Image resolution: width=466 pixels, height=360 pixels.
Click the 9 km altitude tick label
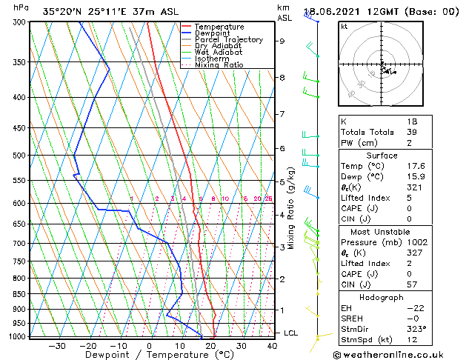click(282, 41)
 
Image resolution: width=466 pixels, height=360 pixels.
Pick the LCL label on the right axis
click(291, 333)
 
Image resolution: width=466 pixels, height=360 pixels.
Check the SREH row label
click(353, 318)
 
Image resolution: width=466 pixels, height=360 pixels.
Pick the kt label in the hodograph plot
click(344, 26)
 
